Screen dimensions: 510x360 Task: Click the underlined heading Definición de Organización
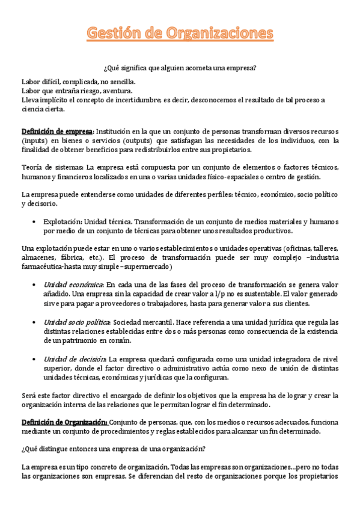[64, 423]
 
